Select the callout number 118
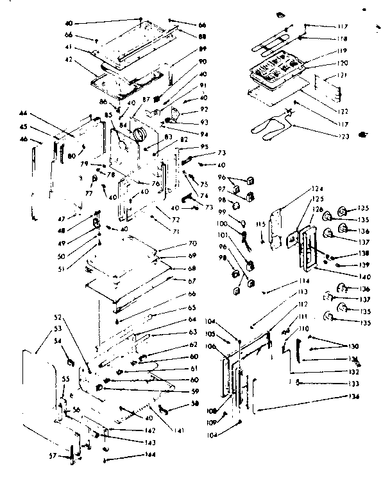(x=350, y=38)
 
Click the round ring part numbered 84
(x=139, y=136)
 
